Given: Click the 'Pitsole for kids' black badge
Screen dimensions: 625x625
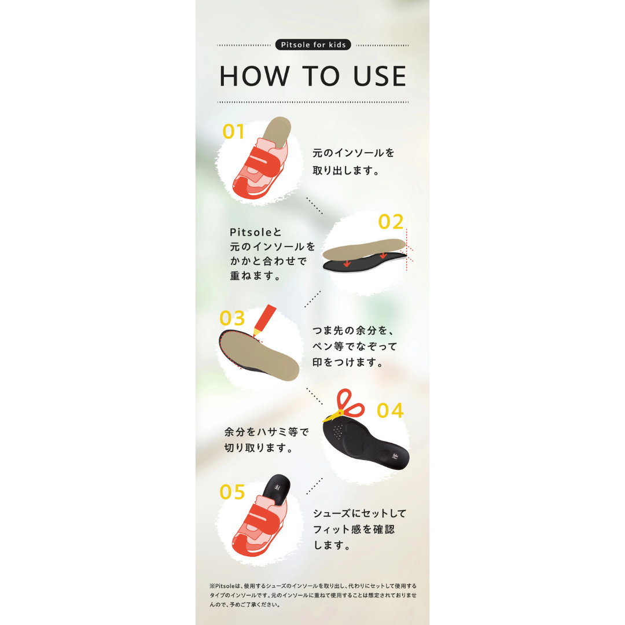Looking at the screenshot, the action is tap(313, 45).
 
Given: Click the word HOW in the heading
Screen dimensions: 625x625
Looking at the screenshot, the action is tap(254, 76).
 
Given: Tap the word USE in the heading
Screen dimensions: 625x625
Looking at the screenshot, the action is tap(380, 76).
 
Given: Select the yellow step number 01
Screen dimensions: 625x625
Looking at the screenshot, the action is tap(233, 131).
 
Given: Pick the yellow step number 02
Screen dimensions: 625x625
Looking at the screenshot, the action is tap(391, 222).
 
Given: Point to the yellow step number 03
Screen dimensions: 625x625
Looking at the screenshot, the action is tap(232, 318).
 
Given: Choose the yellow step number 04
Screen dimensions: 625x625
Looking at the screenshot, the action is tap(390, 410).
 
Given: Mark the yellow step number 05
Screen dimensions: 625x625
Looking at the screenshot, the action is tap(233, 492).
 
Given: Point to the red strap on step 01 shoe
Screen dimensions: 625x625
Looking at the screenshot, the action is tap(263, 164).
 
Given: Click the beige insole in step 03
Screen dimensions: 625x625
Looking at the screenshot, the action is tap(259, 355).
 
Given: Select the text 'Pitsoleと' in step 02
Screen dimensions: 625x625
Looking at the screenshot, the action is tap(256, 232).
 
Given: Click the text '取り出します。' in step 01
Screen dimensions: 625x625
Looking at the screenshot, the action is tap(346, 171).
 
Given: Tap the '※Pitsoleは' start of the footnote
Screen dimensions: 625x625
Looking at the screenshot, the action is tap(226, 586).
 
